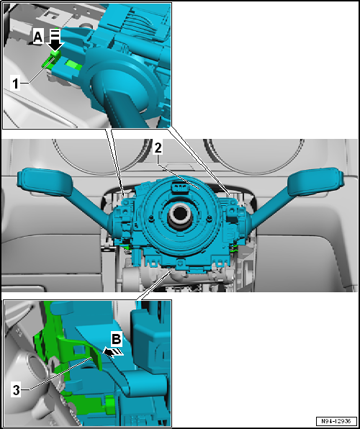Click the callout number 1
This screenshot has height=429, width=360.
[x=16, y=83]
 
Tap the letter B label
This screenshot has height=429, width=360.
[x=114, y=338]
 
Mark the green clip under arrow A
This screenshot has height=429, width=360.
[x=53, y=56]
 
